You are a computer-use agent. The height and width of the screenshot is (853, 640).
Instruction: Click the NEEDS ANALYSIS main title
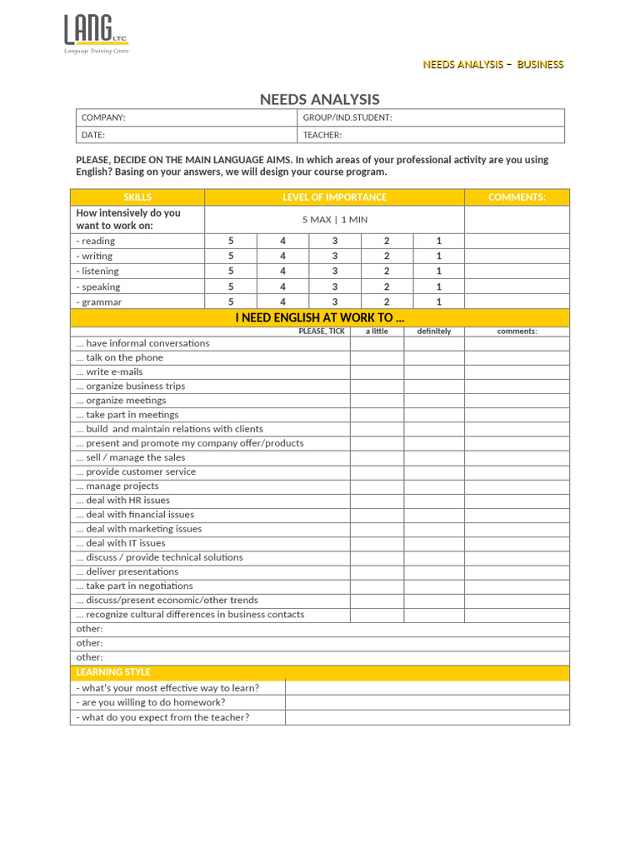[319, 99]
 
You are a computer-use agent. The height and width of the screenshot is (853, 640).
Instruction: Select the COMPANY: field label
[103, 117]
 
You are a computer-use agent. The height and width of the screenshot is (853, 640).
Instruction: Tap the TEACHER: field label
[322, 135]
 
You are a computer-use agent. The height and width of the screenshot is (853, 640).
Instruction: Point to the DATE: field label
[93, 135]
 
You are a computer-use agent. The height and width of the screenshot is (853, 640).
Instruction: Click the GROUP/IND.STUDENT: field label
[347, 117]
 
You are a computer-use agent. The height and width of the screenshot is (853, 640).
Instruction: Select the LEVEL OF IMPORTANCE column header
[334, 197]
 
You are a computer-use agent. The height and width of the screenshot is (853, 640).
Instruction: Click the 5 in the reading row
[231, 241]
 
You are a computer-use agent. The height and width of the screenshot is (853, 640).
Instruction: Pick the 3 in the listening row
[335, 271]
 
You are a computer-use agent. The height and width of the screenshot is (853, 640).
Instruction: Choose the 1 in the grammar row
[439, 302]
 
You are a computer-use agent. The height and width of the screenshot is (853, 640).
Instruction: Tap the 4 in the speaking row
[282, 287]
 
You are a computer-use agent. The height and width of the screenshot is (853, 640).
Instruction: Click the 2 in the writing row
[387, 256]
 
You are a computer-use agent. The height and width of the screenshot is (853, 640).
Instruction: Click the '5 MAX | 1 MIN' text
[334, 220]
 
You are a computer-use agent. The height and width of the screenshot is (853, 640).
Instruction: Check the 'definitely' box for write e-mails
[434, 372]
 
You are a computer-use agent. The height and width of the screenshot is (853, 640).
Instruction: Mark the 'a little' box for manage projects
[377, 486]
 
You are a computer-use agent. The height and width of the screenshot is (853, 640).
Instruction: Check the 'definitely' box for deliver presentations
[434, 571]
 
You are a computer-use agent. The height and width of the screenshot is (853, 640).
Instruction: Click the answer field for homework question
[427, 702]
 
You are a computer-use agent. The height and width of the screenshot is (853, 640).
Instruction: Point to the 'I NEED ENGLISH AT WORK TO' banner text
[320, 317]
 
